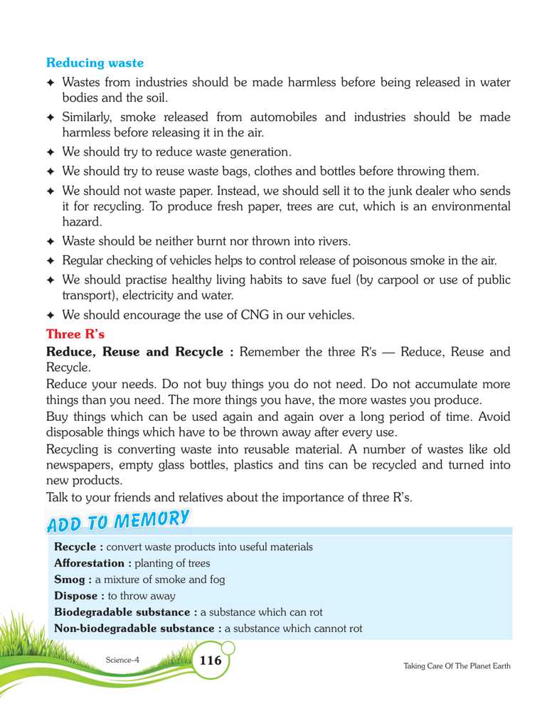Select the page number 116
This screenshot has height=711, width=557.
211,661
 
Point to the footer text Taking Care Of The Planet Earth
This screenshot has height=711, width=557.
457,665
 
